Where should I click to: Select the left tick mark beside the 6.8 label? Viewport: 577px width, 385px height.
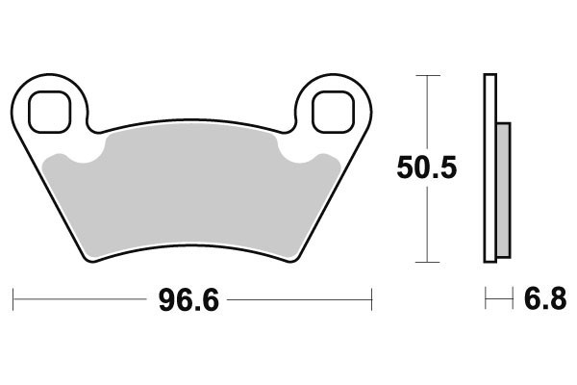486,300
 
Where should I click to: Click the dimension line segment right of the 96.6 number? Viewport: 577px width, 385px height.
298,300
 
